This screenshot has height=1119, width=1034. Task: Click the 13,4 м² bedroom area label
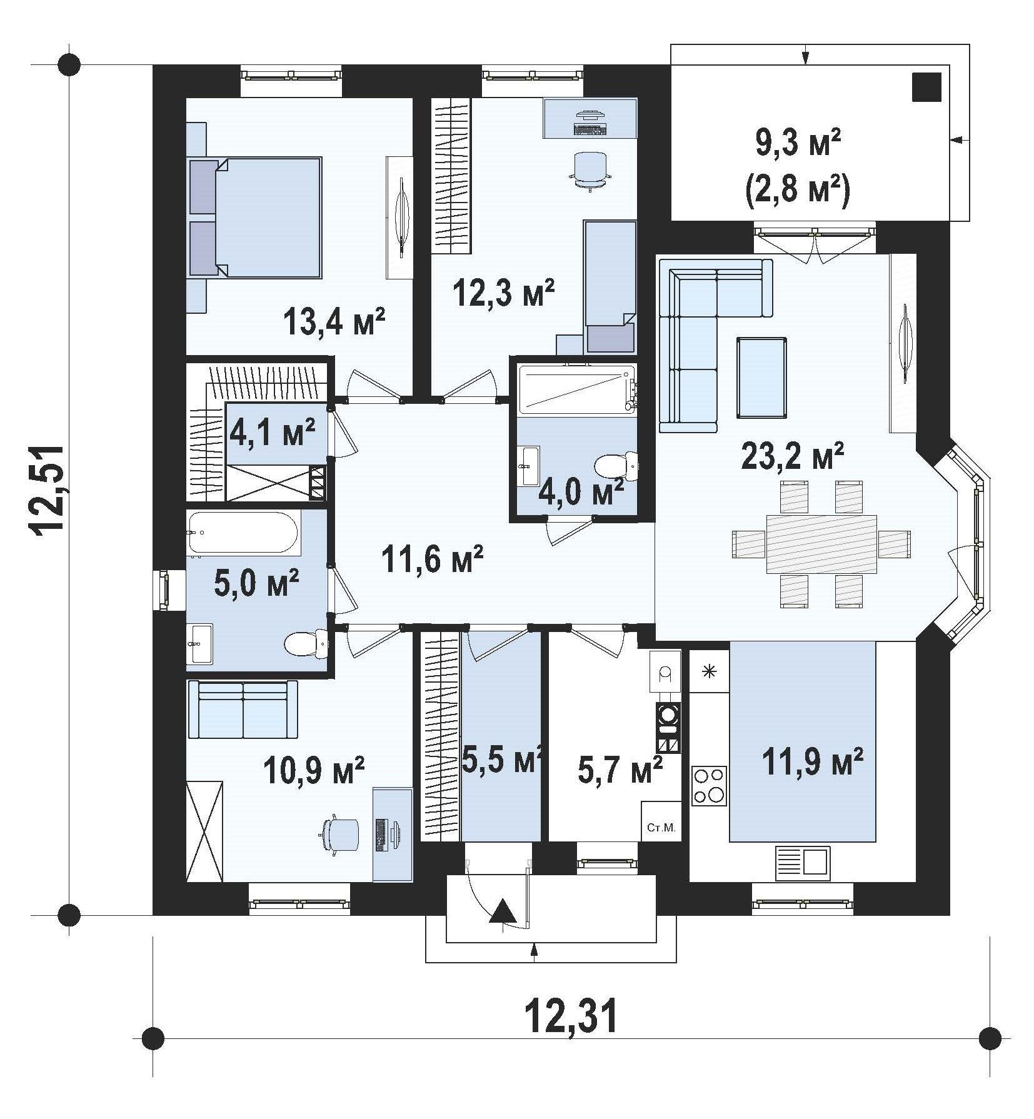[x=333, y=323]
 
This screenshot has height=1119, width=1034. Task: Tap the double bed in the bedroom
[x=255, y=216]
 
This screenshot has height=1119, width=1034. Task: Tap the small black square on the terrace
[x=926, y=87]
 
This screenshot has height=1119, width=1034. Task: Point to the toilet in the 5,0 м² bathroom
[x=306, y=644]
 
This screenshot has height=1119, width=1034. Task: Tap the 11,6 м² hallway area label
[x=432, y=560]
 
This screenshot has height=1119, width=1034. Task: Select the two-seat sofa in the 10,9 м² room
[x=243, y=710]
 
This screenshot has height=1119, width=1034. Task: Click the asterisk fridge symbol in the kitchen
[x=709, y=673]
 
